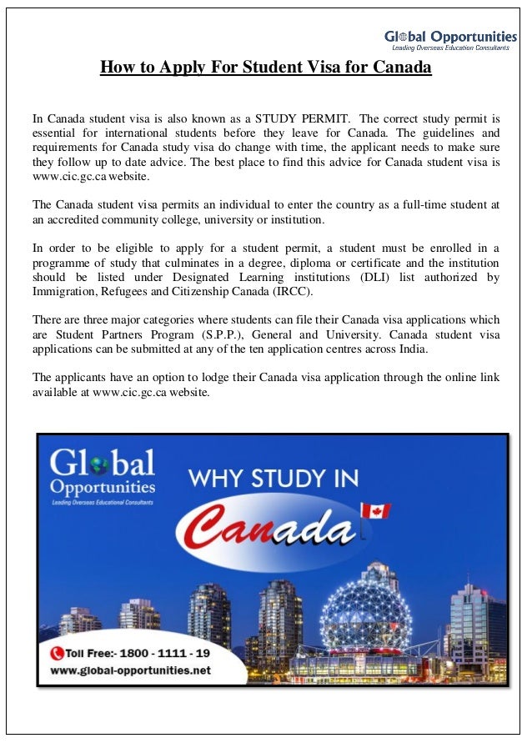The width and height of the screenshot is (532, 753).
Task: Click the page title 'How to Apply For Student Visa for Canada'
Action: (x=265, y=67)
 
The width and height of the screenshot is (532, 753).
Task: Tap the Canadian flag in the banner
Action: (x=374, y=510)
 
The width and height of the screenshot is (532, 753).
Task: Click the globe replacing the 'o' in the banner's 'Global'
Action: (x=100, y=463)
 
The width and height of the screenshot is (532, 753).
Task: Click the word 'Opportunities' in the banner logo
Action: (x=103, y=486)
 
